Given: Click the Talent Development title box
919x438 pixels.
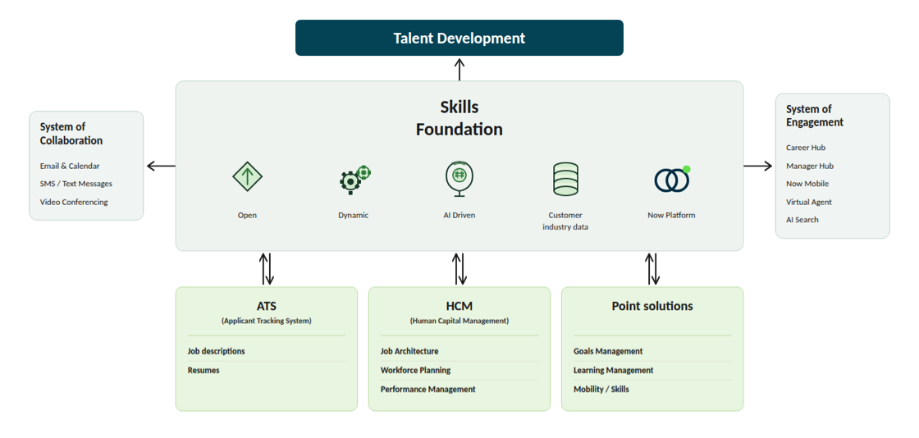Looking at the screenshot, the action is coord(459,38).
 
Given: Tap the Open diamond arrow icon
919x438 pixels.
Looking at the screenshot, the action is coord(247,177).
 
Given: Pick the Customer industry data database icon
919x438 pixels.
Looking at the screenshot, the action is coord(565,179).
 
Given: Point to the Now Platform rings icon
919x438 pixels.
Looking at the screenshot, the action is coord(672,179).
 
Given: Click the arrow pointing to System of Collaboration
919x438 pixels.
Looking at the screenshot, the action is coord(161,166).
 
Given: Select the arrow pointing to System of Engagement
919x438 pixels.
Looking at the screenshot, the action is coord(758,166).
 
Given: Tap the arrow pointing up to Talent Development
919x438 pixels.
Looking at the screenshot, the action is coord(459,69).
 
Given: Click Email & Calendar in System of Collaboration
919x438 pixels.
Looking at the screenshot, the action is coord(70,166).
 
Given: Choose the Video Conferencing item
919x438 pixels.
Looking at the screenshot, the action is coord(74,202).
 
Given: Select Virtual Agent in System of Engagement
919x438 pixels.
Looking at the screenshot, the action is coord(809,202).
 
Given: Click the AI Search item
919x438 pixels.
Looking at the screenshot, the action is coord(802,220).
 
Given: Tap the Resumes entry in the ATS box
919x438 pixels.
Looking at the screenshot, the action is coord(203,370).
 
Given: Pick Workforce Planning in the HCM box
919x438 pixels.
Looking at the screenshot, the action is coord(415,370).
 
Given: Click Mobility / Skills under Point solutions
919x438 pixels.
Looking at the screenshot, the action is coord(601,389).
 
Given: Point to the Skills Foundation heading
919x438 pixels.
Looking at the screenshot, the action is coord(459,118).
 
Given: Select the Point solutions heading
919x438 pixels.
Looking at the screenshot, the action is coord(652,306).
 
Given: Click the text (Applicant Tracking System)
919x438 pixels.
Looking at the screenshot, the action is coord(266,321).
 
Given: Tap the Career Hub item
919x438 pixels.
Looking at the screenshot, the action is coord(806,148).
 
